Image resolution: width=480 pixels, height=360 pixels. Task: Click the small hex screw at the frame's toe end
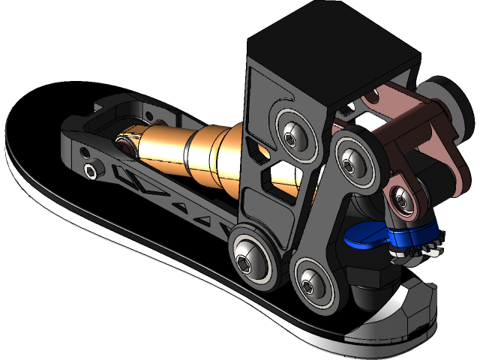pyautogui.click(x=91, y=172)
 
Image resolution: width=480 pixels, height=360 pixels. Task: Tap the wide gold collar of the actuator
pyautogui.click(x=217, y=157)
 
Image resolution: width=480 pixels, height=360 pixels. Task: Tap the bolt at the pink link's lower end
pyautogui.click(x=403, y=198)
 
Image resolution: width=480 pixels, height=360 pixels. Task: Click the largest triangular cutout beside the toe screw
pyautogui.click(x=128, y=180)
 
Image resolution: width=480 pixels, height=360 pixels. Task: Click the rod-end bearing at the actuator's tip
pyautogui.click(x=125, y=143)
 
